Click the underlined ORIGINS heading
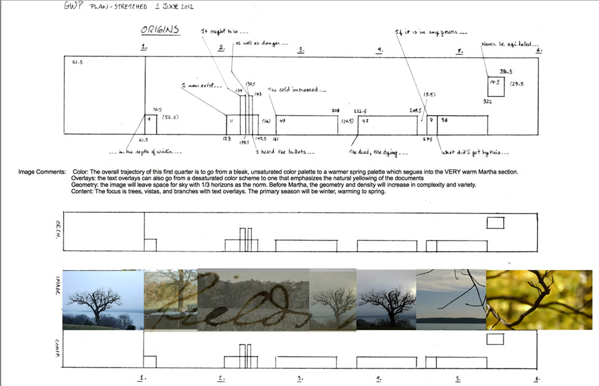click(160, 30)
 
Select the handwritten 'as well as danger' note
click(261, 44)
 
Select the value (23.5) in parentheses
click(517, 83)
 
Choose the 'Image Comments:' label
click(42, 172)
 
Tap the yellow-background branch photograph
click(539, 299)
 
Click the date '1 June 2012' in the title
click(174, 7)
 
